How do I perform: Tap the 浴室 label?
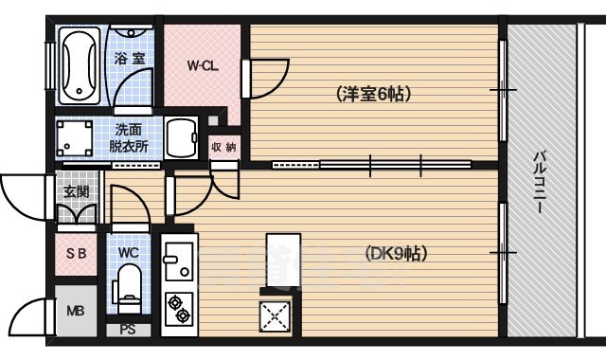tap(129, 59)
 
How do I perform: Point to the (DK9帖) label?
tap(395, 253)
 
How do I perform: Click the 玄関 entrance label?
tap(77, 190)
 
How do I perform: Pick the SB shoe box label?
tap(75, 253)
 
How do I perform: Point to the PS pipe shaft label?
tap(127, 331)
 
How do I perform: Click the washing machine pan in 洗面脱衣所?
tap(75, 137)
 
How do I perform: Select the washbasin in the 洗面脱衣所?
tap(184, 138)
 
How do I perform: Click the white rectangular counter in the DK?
tap(282, 258)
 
